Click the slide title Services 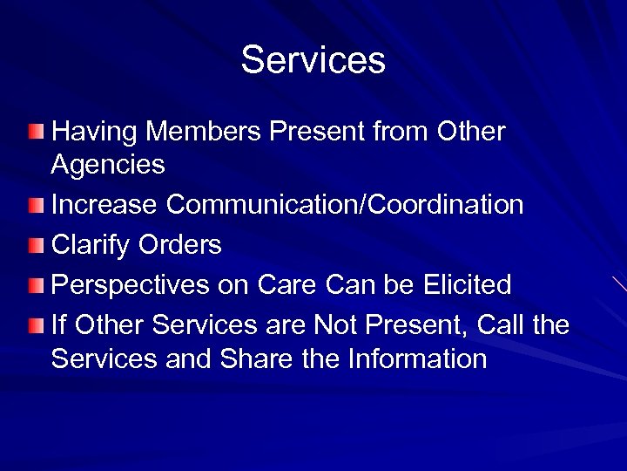coord(313,60)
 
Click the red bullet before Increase coord(33,206)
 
